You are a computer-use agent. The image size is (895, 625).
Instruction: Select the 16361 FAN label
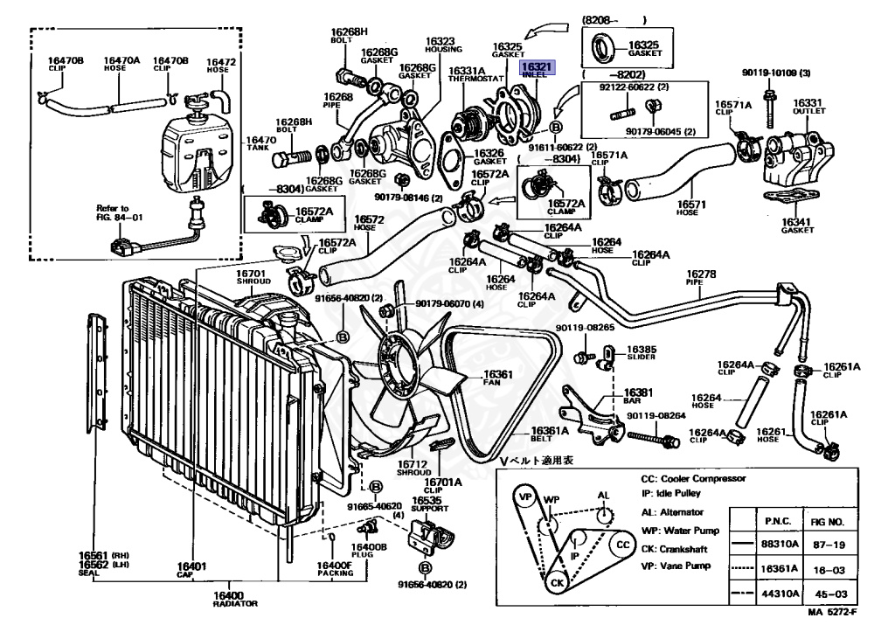(x=498, y=378)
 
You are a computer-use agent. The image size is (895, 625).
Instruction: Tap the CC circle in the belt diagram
(x=623, y=544)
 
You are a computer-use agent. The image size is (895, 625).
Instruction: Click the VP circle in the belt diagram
(x=525, y=497)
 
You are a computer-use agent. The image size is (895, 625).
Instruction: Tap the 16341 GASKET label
(x=796, y=226)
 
